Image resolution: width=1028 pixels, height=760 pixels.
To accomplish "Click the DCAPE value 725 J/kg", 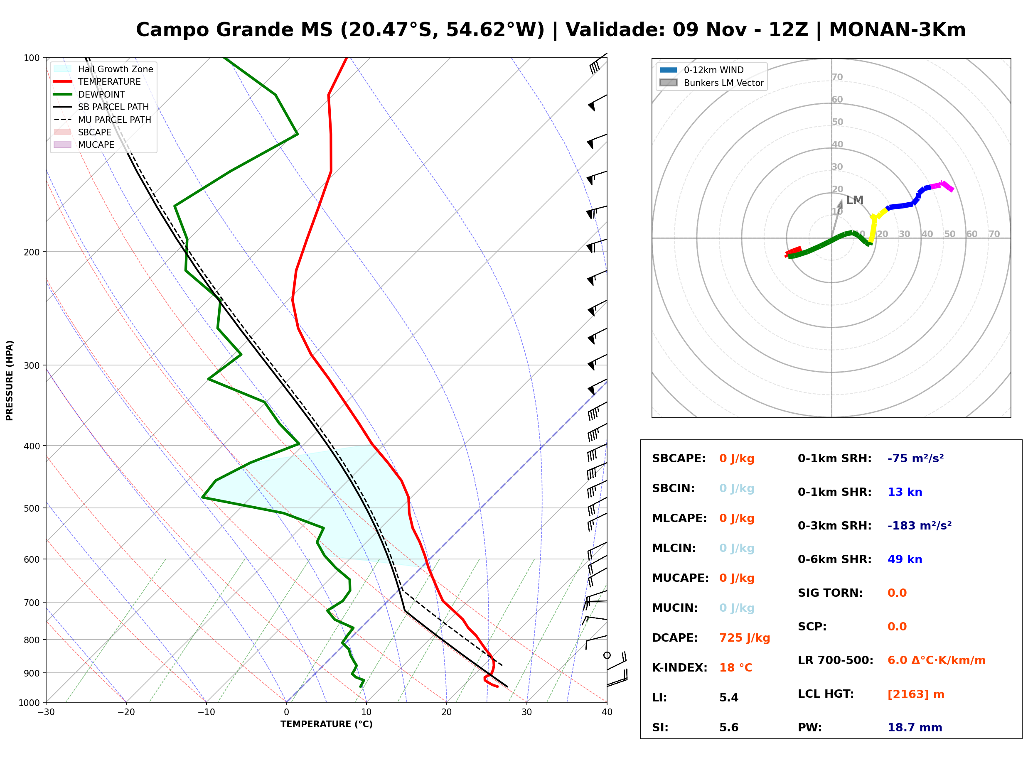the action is pyautogui.click(x=745, y=638).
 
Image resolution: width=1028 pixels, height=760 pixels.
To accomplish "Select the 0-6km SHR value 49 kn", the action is pyautogui.click(x=905, y=559).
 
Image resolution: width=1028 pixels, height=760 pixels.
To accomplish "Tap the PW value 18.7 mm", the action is pyautogui.click(x=915, y=728).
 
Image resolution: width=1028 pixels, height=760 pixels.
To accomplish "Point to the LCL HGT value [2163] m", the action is pyautogui.click(x=916, y=694).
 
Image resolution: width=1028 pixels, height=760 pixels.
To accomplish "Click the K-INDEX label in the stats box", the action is pyautogui.click(x=680, y=668).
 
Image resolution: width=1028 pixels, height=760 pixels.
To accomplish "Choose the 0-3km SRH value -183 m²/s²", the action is pyautogui.click(x=920, y=525).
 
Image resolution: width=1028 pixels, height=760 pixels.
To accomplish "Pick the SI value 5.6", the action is pyautogui.click(x=729, y=728).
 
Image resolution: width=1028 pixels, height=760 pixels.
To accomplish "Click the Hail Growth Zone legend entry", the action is pyautogui.click(x=103, y=69).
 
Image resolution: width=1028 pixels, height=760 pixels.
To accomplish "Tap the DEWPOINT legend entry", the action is pyautogui.click(x=89, y=94).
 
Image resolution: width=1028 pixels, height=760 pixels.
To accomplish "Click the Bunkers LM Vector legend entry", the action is pyautogui.click(x=711, y=83).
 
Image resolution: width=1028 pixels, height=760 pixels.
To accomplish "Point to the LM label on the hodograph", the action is pyautogui.click(x=854, y=200).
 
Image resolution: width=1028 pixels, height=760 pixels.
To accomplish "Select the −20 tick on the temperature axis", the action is pyautogui.click(x=126, y=712).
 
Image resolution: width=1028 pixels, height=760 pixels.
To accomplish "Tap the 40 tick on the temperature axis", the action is pyautogui.click(x=607, y=712).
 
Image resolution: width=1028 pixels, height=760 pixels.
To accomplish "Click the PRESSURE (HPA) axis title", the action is pyautogui.click(x=10, y=380).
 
